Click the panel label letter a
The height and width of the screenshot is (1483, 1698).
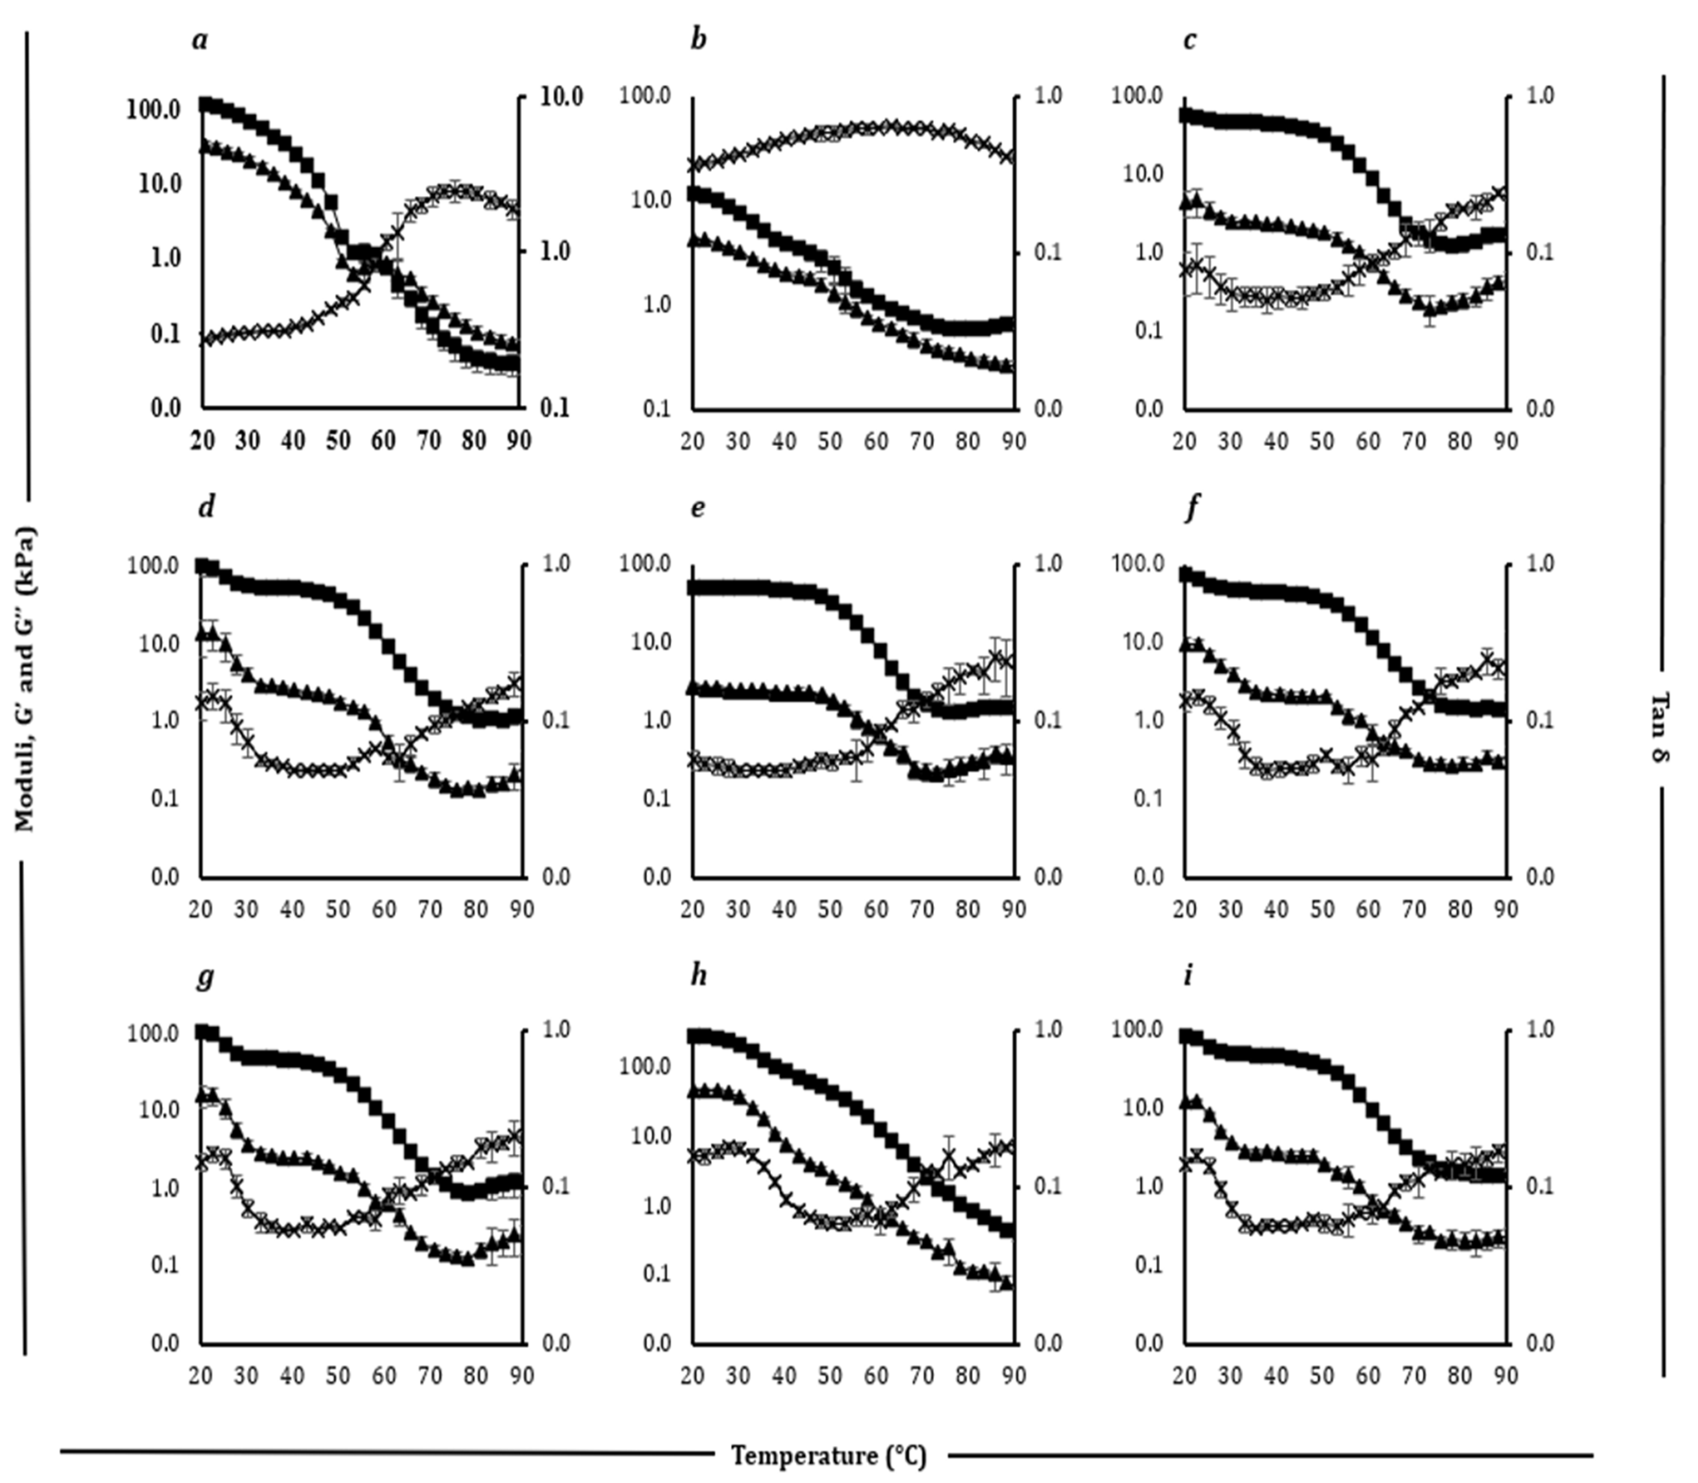coord(200,40)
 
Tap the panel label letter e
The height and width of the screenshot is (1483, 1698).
coord(698,507)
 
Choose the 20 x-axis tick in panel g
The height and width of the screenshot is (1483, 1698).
coord(201,1375)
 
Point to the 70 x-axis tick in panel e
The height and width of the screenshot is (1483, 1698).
coord(921,909)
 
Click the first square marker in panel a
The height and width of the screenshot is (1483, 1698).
coord(205,103)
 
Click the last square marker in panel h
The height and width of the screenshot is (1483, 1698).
coord(1007,1231)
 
